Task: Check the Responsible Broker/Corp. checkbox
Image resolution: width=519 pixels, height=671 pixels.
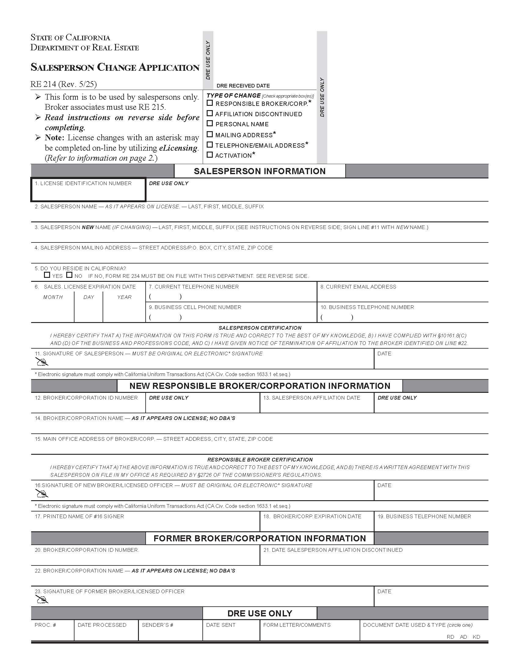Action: pos(210,103)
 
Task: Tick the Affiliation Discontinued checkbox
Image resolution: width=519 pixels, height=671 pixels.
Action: pos(210,113)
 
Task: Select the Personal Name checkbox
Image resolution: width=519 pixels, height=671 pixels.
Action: pos(210,124)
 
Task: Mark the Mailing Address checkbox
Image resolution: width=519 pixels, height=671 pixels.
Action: pos(210,134)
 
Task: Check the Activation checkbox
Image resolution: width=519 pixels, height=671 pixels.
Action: pos(210,155)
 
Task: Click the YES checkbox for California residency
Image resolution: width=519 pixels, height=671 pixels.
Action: pos(47,275)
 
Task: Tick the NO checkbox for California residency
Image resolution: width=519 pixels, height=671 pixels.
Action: pos(70,275)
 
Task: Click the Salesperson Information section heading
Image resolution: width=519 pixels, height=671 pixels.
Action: pos(259,171)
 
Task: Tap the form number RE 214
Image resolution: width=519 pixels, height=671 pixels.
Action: pos(43,84)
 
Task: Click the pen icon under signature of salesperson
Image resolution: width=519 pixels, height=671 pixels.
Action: pos(42,362)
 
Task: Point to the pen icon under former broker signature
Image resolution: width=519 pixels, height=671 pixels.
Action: pos(42,600)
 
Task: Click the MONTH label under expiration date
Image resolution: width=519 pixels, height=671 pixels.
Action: pos(53,297)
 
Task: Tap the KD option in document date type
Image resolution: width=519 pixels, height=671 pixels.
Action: pos(476,637)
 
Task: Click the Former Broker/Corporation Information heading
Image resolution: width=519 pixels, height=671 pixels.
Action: pos(259,538)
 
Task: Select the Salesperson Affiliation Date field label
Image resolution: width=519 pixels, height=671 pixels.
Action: pos(311,397)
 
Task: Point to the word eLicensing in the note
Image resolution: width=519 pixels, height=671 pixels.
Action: pos(178,148)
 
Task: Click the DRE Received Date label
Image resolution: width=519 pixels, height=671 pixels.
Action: pos(243,86)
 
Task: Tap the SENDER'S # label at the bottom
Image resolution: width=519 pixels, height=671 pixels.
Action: pos(158,625)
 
